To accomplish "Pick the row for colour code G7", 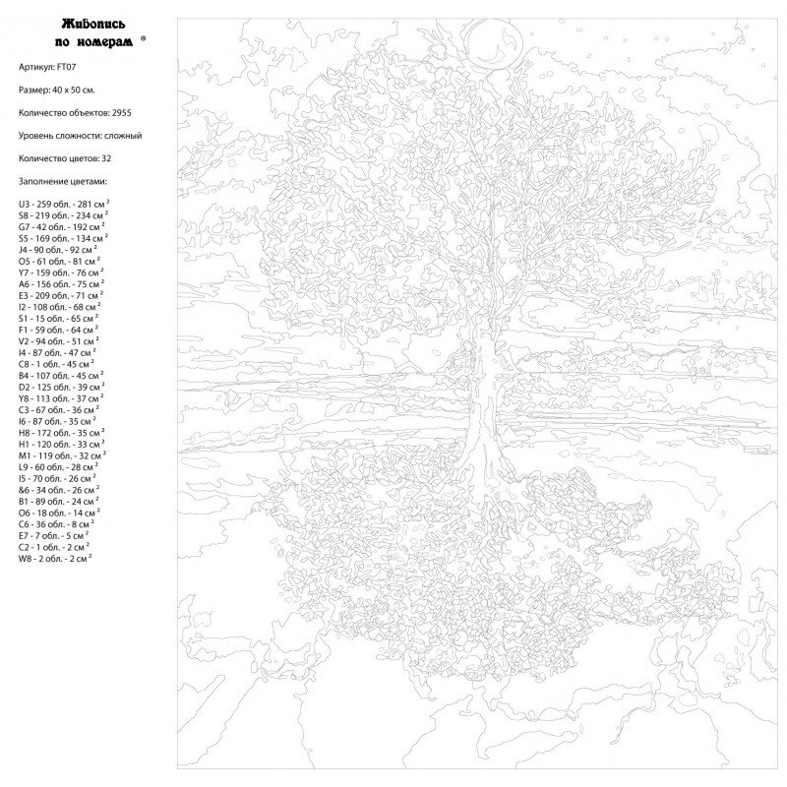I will coord(60,226).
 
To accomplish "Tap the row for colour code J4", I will coord(58,249).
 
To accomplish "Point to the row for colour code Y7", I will coord(60,272).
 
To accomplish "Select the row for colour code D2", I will coord(60,387).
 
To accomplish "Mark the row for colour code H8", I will coord(60,433).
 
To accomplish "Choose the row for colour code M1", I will coord(60,455).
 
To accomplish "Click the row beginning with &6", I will coord(58,490).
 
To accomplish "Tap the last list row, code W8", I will coord(55,558).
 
